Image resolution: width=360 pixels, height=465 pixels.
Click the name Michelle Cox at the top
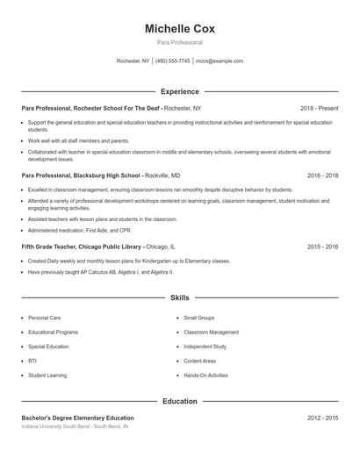[179, 28]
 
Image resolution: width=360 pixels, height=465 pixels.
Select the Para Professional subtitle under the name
[179, 42]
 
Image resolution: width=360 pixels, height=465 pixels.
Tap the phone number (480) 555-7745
[172, 61]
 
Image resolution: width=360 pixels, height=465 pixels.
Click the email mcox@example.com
[220, 61]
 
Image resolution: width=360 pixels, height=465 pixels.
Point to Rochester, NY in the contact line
[133, 61]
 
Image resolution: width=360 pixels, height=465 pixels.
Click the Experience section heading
[179, 91]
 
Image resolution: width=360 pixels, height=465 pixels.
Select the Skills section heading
[179, 298]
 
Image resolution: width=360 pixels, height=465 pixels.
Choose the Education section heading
[179, 401]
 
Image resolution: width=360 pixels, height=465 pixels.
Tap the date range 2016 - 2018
[322, 175]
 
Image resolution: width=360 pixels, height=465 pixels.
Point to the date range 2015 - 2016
[322, 247]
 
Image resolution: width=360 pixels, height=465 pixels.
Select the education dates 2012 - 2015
[322, 418]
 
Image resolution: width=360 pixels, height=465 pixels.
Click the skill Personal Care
[44, 318]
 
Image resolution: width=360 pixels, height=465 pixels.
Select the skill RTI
[32, 361]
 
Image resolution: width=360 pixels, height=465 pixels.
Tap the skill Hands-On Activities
[205, 375]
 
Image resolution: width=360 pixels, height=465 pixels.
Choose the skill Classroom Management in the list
[211, 333]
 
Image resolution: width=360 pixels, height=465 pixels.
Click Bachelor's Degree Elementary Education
[78, 418]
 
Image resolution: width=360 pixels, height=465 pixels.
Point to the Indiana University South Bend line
[75, 426]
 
